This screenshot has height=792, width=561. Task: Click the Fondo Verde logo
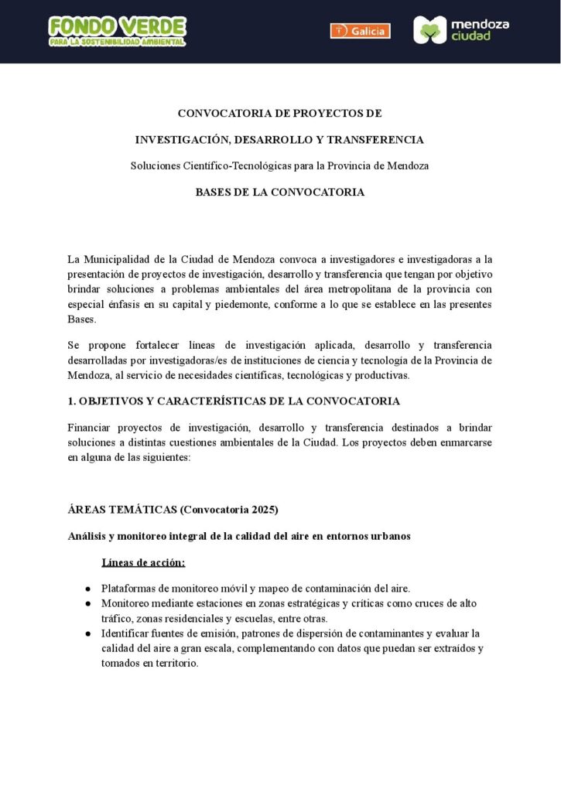point(117,31)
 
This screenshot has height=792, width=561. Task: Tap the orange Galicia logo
point(360,31)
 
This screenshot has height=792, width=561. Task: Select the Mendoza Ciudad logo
point(461,30)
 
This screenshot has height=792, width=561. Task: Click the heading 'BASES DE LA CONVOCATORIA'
point(279,193)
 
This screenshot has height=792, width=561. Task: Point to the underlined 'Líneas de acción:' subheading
point(143,562)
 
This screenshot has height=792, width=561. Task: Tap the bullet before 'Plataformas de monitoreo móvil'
point(89,589)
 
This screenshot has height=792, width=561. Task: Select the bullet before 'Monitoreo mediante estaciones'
point(89,603)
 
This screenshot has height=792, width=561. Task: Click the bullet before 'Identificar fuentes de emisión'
point(89,633)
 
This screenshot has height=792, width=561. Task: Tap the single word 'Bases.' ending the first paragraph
point(82,319)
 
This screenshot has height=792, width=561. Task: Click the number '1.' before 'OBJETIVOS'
point(72,401)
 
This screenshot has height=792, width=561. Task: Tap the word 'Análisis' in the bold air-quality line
point(91,536)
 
